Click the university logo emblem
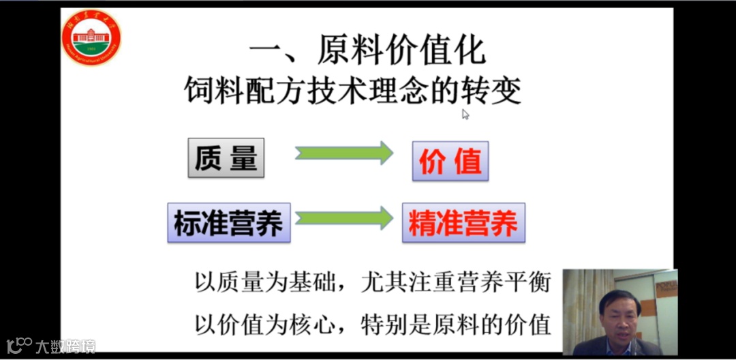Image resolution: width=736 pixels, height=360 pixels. (91, 37)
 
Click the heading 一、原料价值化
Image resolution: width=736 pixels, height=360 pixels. (367, 50)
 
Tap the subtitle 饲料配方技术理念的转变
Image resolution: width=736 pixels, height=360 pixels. (353, 90)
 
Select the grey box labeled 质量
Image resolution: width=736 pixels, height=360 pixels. (226, 158)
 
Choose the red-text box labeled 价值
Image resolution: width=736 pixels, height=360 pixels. (450, 162)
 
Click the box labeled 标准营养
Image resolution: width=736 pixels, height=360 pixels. (229, 223)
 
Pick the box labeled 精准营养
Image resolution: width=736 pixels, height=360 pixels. (463, 223)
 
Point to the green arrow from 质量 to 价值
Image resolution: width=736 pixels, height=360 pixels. (344, 153)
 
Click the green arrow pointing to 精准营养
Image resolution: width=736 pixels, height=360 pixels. (344, 218)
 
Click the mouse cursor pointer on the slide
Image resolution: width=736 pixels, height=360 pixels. (465, 114)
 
